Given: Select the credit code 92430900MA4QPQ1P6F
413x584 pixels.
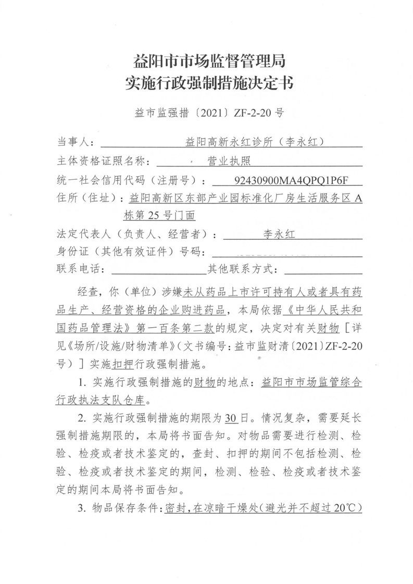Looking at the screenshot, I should point(291,180).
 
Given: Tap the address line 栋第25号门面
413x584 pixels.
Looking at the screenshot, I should point(159,215).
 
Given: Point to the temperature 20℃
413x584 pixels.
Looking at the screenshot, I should point(348,508).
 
